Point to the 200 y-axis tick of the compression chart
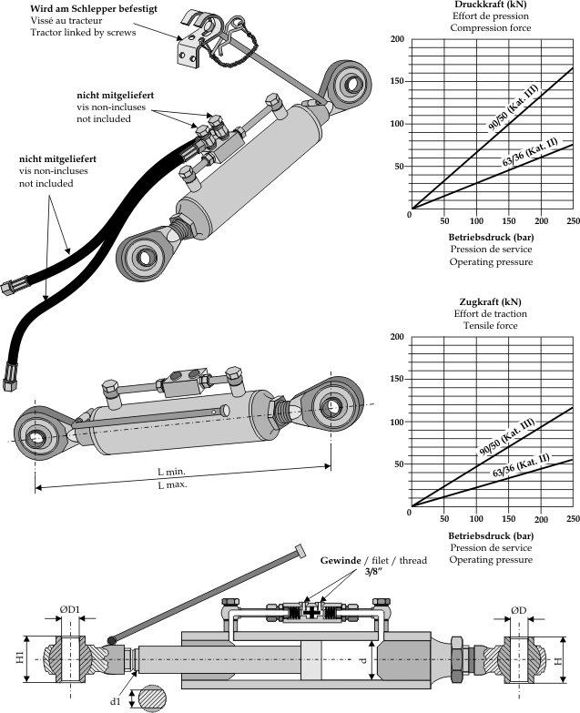tap(396, 40)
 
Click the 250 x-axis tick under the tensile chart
tap(573, 518)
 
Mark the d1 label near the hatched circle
tap(115, 702)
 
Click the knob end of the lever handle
tap(300, 550)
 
